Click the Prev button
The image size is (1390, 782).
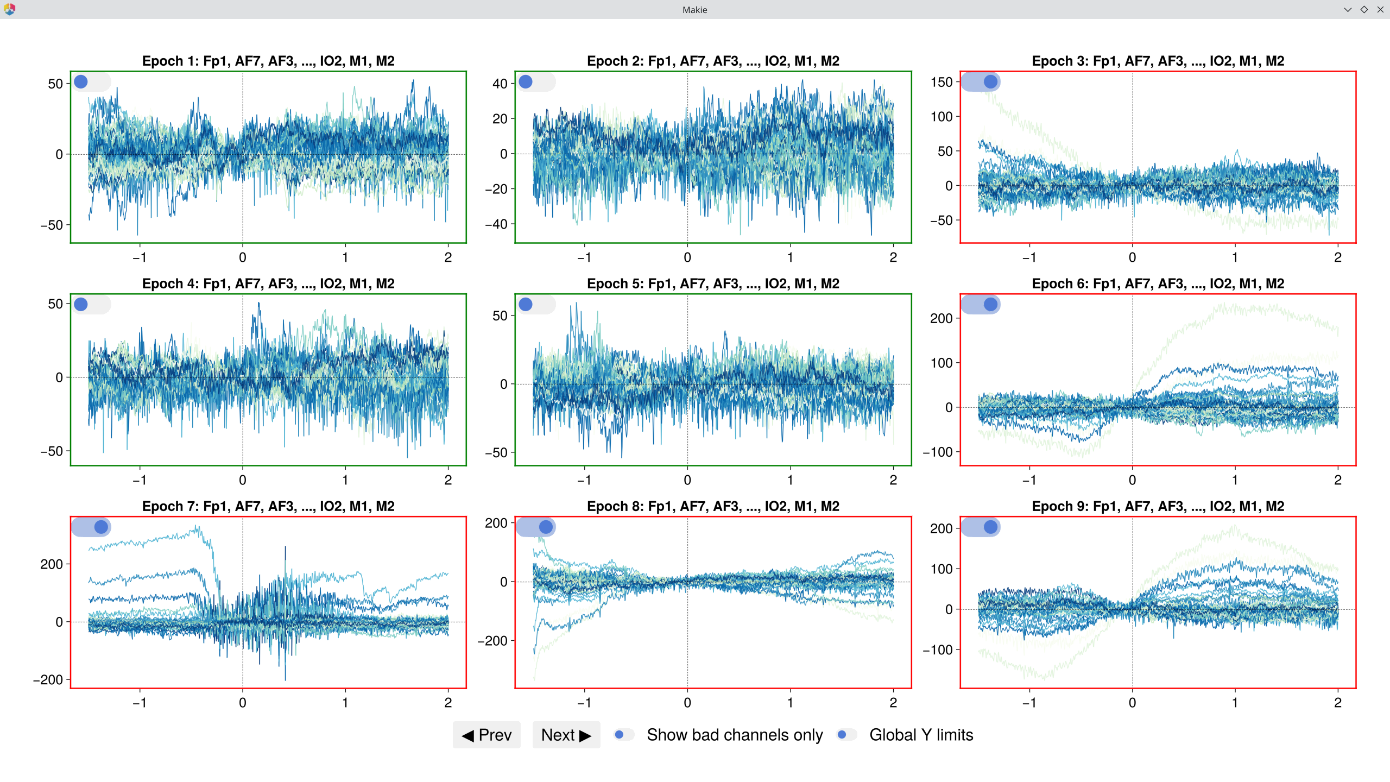tap(486, 735)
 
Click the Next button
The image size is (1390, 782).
tap(566, 735)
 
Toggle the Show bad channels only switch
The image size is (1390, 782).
tap(624, 735)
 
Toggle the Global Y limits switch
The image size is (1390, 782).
tap(846, 735)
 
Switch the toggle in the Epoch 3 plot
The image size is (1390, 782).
tap(981, 82)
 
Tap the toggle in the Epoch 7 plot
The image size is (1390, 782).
tap(91, 527)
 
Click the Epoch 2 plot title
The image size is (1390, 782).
tap(713, 61)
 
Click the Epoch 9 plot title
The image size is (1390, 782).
tap(1158, 506)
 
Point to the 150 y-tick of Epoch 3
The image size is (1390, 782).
tap(942, 82)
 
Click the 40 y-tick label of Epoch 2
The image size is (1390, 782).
tap(500, 84)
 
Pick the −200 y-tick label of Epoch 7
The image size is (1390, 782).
tap(48, 679)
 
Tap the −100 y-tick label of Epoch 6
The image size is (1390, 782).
tap(938, 452)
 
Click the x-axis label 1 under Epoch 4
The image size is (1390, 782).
tap(345, 480)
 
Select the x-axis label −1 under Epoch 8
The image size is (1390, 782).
tap(584, 703)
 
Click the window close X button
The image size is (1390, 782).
tap(1380, 9)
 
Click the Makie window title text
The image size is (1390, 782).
tap(694, 10)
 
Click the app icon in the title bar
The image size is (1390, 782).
tap(9, 9)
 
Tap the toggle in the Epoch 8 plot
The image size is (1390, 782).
tap(535, 527)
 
